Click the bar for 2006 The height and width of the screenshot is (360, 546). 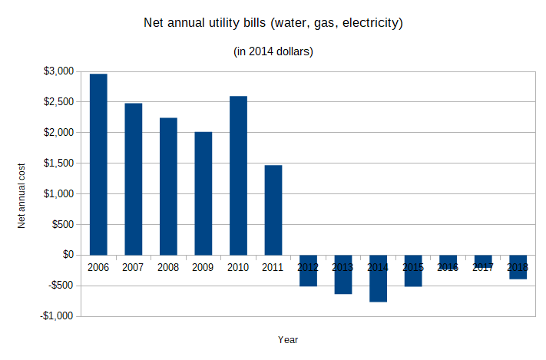(x=98, y=164)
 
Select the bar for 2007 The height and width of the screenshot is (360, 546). (x=134, y=179)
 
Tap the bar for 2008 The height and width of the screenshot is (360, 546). (x=168, y=187)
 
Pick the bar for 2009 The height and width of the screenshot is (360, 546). (x=204, y=193)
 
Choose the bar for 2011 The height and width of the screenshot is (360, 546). (x=273, y=210)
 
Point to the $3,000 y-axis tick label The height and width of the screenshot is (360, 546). (x=58, y=71)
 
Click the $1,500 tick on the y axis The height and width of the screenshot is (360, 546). (x=58, y=163)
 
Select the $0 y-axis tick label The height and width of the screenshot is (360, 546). (x=66, y=255)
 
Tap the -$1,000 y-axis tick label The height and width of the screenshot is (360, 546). (x=58, y=316)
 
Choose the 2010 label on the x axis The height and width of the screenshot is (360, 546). (x=238, y=267)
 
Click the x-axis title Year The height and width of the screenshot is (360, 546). (x=288, y=339)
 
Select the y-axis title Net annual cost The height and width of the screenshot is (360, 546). (x=23, y=194)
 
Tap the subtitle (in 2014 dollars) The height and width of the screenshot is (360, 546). (x=273, y=51)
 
